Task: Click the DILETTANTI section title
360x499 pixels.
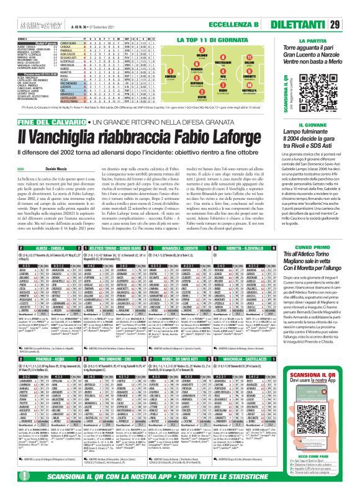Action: click(x=308, y=8)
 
